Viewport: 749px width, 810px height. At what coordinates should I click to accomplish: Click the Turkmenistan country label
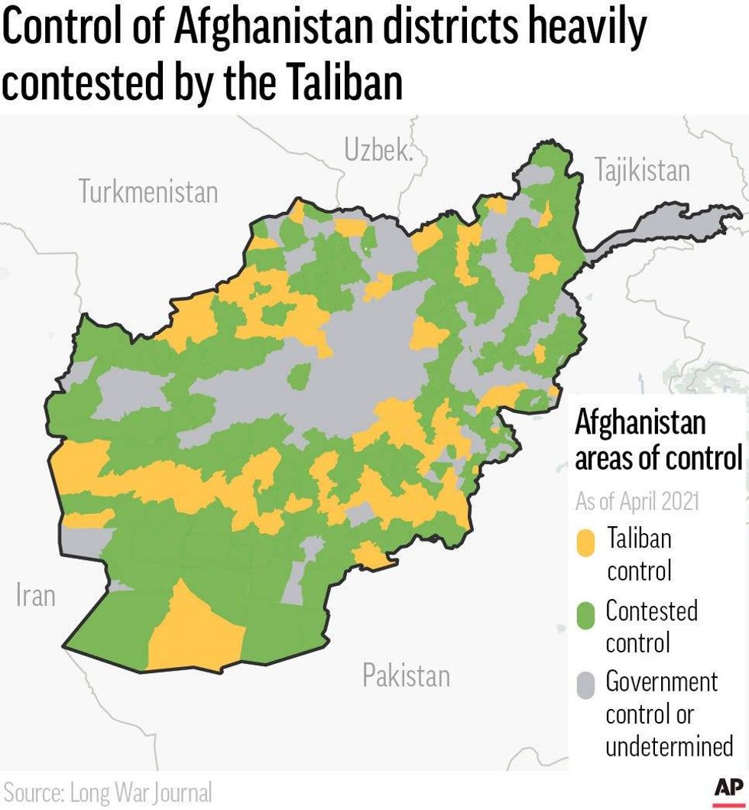pos(148,192)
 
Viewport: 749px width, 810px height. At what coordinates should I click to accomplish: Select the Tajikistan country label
pos(642,171)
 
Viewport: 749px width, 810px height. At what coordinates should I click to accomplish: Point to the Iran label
pos(35,595)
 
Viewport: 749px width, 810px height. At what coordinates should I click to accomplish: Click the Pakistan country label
pos(406,675)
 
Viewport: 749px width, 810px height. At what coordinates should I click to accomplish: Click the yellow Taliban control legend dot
pos(585,543)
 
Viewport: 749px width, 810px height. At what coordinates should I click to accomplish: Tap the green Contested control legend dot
pos(585,615)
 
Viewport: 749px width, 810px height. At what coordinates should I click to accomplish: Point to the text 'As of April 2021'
pos(637,502)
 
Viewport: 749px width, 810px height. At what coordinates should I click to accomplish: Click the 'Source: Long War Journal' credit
pos(108,792)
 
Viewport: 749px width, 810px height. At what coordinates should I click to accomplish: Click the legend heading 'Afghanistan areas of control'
pos(658,440)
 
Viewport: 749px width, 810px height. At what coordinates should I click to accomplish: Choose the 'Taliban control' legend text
pos(639,554)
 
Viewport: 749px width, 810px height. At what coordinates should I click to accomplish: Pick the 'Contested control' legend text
pos(651,626)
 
